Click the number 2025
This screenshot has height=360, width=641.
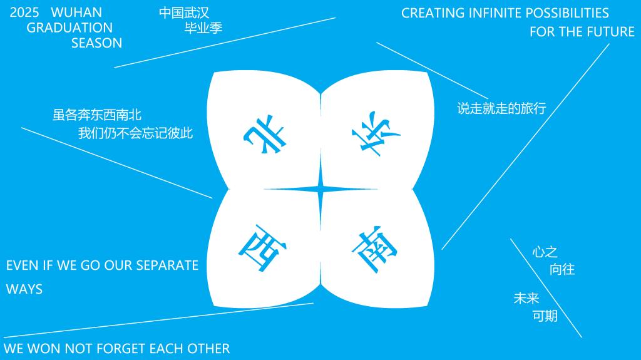(x=24, y=13)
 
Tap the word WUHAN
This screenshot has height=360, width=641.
(x=76, y=13)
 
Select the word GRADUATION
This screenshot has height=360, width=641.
(x=69, y=28)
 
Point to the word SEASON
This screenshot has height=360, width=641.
(x=96, y=43)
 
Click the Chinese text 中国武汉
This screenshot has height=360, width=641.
(x=184, y=13)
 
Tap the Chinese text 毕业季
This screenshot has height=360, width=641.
(x=203, y=28)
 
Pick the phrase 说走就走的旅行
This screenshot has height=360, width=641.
(x=501, y=108)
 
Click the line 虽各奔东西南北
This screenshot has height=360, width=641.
(x=97, y=115)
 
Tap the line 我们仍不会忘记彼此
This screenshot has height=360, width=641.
(x=135, y=133)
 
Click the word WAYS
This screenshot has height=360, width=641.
(x=24, y=289)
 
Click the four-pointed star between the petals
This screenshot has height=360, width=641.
(x=320, y=189)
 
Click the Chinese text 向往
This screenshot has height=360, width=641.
(x=562, y=270)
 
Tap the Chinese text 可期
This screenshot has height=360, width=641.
(x=545, y=316)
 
